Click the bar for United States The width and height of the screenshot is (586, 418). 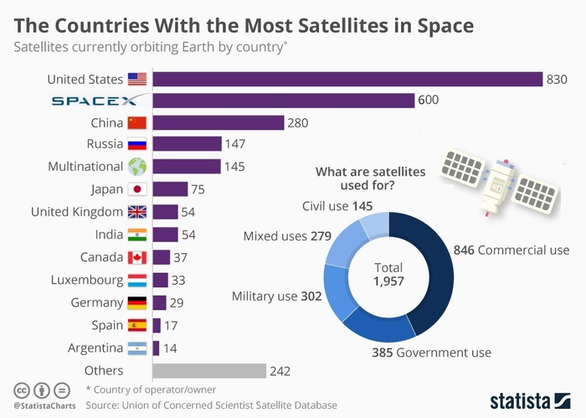[x=347, y=79]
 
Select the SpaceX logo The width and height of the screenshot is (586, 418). [x=99, y=101]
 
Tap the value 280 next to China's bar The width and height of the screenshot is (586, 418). [x=298, y=123]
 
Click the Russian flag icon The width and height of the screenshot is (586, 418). [x=136, y=144]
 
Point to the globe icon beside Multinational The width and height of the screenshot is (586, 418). [x=136, y=166]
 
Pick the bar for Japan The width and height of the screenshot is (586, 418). [x=170, y=188]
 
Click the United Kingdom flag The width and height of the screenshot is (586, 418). [x=136, y=211]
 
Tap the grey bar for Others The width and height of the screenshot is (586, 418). [x=208, y=370]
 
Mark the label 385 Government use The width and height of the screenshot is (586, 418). [x=431, y=353]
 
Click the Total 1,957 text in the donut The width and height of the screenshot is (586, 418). [x=388, y=274]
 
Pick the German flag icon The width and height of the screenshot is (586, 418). [x=136, y=302]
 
